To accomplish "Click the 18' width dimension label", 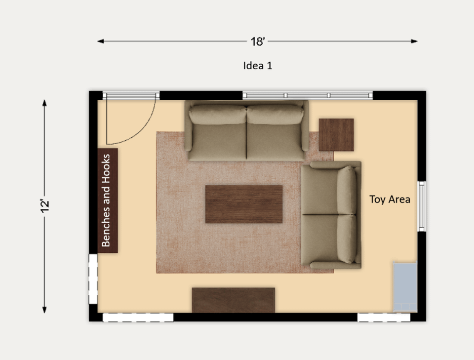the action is (x=258, y=41).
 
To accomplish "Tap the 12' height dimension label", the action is (x=45, y=205).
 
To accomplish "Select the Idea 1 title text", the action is (x=258, y=66).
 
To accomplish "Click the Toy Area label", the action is (x=390, y=200).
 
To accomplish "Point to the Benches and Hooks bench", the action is (x=108, y=200).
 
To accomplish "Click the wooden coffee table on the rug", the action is (x=244, y=204).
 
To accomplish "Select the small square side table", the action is (x=336, y=135).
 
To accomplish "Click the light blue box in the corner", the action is (x=405, y=287).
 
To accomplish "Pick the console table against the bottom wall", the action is (x=234, y=300).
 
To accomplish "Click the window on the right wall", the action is (x=422, y=206).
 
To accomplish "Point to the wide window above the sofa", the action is (x=308, y=95).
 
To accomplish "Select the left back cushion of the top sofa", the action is (x=218, y=115).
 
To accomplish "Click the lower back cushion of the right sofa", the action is (x=347, y=239).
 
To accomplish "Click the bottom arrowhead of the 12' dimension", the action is (x=44, y=310).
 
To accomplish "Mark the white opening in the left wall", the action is (x=93, y=279).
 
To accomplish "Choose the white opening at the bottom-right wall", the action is (x=384, y=318).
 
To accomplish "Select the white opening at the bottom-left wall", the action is (x=138, y=318).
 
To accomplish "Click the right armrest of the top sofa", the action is (x=305, y=125).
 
